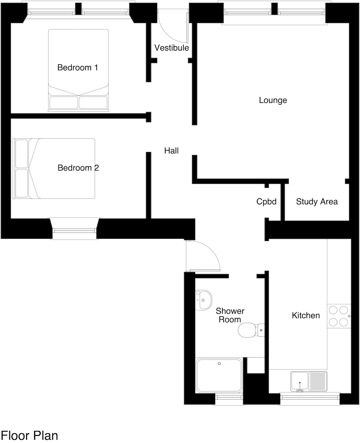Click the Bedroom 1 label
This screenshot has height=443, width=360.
(x=77, y=67)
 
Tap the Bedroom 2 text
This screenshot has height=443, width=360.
(x=78, y=168)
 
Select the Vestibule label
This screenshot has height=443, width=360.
(x=172, y=48)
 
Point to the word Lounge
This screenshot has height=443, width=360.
(x=273, y=100)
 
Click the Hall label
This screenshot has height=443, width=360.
(x=171, y=151)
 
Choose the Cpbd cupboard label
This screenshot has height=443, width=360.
(x=266, y=202)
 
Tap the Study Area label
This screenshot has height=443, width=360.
(x=317, y=202)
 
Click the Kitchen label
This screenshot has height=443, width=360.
(x=306, y=315)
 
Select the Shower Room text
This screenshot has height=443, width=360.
(x=230, y=315)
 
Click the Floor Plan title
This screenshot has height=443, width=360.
(x=29, y=435)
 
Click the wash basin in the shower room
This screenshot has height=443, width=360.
(x=203, y=300)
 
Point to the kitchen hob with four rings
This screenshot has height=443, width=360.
(x=339, y=316)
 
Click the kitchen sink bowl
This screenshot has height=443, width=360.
(x=300, y=381)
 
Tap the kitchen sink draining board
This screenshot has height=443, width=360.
(x=317, y=381)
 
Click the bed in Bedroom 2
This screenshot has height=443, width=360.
(x=54, y=168)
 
